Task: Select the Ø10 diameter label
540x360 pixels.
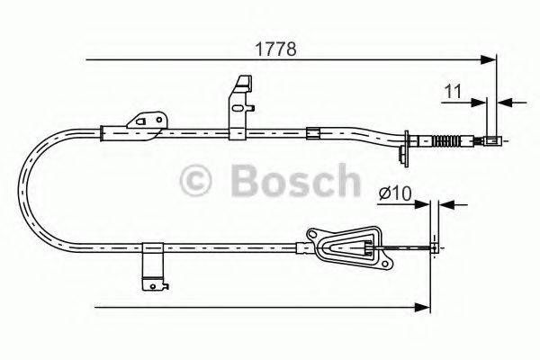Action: coord(395,192)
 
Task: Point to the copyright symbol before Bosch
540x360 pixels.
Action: coord(196,181)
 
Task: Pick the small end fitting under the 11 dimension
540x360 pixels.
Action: coord(491,139)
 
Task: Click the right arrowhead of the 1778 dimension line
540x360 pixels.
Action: coord(490,59)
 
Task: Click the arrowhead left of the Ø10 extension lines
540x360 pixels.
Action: coord(424,204)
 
